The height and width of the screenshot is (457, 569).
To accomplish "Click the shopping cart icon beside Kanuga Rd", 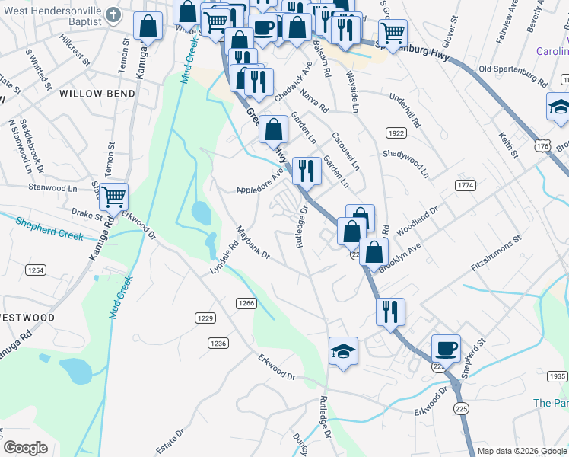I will click(113, 197).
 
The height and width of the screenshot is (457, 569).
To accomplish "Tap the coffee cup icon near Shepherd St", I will click(447, 348).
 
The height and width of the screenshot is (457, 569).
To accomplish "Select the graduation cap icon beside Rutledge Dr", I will click(343, 351).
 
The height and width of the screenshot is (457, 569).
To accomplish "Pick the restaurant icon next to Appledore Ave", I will click(306, 171).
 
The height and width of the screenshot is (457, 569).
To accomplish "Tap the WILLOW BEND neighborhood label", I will click(97, 94).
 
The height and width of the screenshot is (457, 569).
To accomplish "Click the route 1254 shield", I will click(35, 270).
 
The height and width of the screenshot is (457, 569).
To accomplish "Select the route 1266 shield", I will click(245, 303).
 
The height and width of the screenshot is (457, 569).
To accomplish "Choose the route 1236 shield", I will click(218, 344).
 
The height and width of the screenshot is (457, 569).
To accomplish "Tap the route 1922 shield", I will click(395, 133).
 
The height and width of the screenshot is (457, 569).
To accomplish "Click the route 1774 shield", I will click(466, 185).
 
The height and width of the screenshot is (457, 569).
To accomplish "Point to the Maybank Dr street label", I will click(253, 243).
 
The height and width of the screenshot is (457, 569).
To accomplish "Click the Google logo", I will click(24, 448).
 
